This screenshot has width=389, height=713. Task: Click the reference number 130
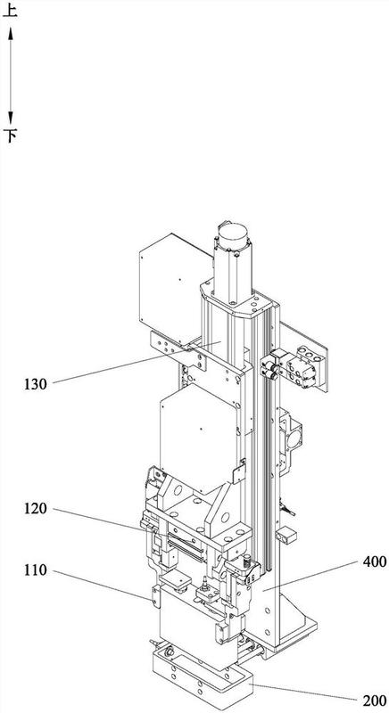click(x=36, y=384)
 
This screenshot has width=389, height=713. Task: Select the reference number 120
click(x=36, y=508)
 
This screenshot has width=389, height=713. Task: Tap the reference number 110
click(x=36, y=570)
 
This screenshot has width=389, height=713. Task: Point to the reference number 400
click(x=375, y=561)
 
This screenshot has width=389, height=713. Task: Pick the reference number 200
click(x=375, y=701)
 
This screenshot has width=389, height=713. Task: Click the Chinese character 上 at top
click(x=10, y=10)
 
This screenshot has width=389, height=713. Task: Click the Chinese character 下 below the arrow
click(x=10, y=135)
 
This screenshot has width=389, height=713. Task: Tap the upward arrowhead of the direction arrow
click(x=11, y=34)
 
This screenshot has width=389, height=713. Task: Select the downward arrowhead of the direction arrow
click(x=11, y=118)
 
